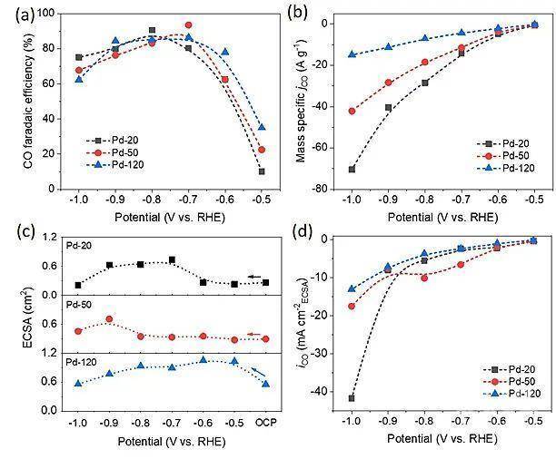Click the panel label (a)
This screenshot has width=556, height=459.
point(20,14)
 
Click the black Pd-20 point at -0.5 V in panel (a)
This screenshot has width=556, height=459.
point(262,171)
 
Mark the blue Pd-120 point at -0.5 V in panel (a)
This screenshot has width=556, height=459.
point(262,127)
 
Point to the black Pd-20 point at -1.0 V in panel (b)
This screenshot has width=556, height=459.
point(352,169)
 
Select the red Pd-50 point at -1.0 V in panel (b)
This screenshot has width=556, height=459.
point(352,111)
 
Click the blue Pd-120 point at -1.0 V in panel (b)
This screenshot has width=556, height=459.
point(352,54)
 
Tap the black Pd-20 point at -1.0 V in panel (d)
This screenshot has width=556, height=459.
point(352,398)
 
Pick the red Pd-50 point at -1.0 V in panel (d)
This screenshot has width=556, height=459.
point(352,306)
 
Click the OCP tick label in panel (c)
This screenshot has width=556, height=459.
point(264,422)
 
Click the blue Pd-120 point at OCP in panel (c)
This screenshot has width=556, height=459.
point(265,383)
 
